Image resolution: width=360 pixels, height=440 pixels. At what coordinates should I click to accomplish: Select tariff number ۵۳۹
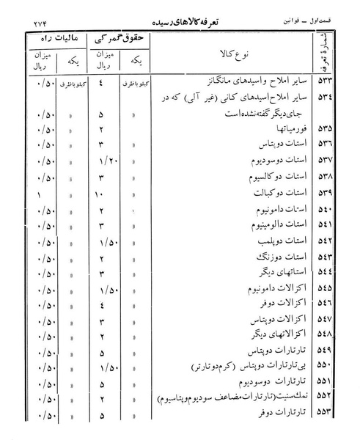[324, 194]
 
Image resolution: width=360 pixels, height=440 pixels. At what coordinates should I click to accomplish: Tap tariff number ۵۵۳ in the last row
[324, 418]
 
